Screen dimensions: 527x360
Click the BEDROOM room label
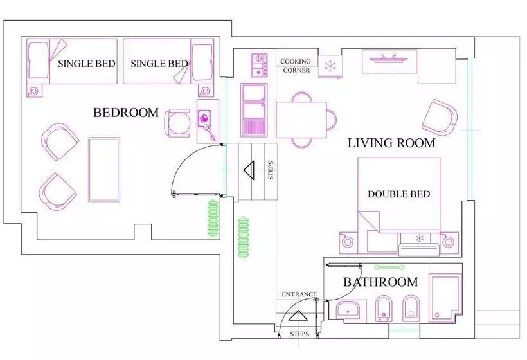tap(126, 113)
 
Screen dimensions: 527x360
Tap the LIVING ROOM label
tap(391, 143)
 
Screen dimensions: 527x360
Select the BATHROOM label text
tap(380, 282)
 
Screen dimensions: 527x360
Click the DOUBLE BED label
tap(399, 194)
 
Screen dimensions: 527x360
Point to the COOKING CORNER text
tap(296, 66)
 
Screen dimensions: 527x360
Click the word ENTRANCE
tap(299, 294)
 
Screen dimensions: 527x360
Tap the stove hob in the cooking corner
tap(259, 65)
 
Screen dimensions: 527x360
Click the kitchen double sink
tap(254, 110)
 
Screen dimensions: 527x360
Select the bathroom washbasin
tap(348, 310)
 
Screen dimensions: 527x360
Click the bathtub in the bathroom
tap(445, 298)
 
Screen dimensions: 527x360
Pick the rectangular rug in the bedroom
tap(104, 170)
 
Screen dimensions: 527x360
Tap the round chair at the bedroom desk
tap(178, 123)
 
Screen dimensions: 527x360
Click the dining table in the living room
tap(301, 120)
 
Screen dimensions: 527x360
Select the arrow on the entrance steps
tap(297, 316)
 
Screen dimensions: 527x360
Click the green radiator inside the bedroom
tap(213, 218)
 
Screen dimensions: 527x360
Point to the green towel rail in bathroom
tap(389, 267)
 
